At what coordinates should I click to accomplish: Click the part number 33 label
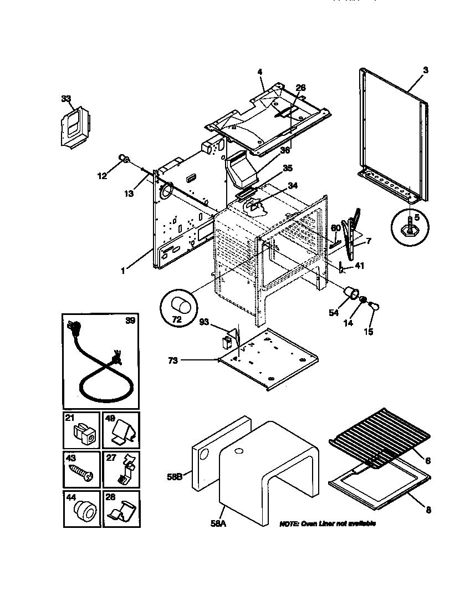(x=66, y=99)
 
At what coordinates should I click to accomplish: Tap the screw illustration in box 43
(x=81, y=473)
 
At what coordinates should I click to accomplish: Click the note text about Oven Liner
(x=327, y=523)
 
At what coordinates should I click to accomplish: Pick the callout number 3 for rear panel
(x=425, y=70)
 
